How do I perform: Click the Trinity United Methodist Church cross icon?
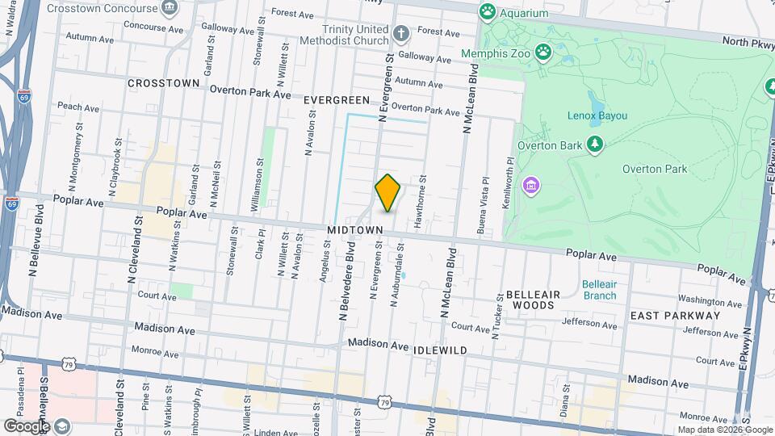[401, 34]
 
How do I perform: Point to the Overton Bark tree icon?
[595, 144]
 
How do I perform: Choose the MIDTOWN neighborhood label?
[354, 231]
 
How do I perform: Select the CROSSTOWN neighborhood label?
[163, 83]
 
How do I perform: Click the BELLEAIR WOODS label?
[530, 300]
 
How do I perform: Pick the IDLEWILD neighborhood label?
[440, 350]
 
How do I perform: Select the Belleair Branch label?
[599, 290]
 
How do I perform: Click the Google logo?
[26, 426]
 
